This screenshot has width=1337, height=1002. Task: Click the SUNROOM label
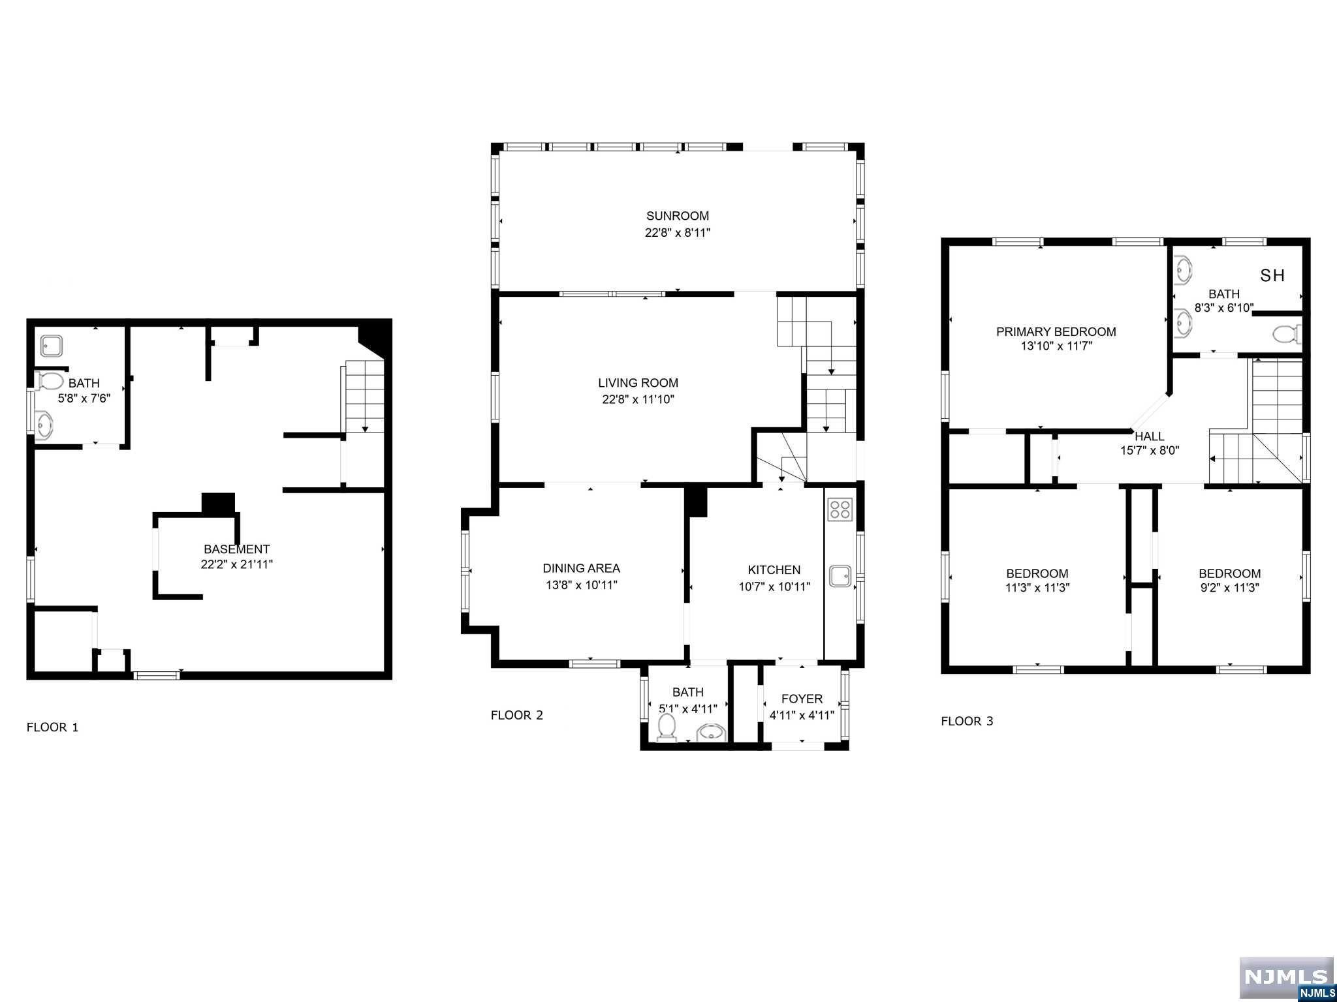(678, 216)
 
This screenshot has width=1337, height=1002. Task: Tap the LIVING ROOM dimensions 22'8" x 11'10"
(638, 399)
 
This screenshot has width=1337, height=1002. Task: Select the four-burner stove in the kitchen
(840, 509)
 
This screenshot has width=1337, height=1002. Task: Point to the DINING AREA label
(581, 568)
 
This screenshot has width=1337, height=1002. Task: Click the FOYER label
(802, 699)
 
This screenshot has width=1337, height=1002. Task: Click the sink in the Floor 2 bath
(711, 733)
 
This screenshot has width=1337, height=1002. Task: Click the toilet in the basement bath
(50, 381)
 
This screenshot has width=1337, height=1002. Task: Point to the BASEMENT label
(236, 549)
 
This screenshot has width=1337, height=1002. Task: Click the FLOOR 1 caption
(52, 727)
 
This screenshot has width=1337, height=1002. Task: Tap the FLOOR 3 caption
(967, 721)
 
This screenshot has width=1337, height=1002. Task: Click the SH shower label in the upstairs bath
(1272, 275)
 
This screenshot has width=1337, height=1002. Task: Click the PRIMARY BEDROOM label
(1056, 331)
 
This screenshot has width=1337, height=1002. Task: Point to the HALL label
(1150, 436)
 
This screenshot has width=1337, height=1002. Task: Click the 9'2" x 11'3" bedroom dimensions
(1229, 587)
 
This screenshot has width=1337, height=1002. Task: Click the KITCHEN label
(774, 570)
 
